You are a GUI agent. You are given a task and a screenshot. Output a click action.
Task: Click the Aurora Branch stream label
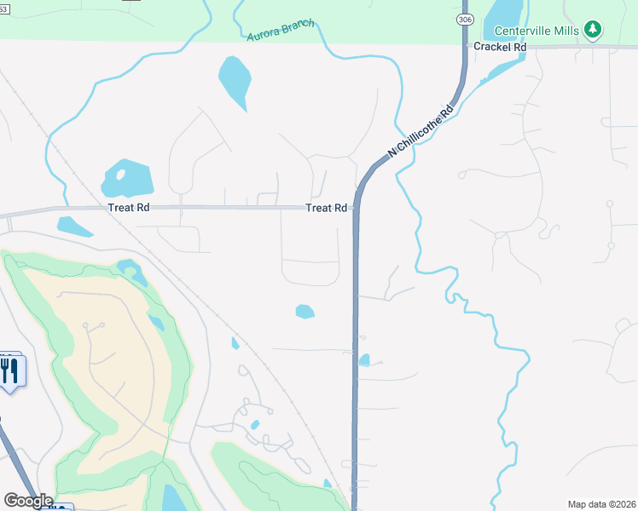click(x=280, y=30)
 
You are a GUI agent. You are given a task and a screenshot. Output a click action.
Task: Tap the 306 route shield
click(x=464, y=18)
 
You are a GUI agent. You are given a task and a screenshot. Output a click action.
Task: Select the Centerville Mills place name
click(x=536, y=31)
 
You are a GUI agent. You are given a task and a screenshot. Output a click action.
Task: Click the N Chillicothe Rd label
click(x=420, y=130)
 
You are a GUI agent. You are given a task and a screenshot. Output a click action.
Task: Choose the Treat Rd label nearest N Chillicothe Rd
click(x=327, y=208)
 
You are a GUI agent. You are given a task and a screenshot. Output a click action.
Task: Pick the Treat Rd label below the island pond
click(x=129, y=208)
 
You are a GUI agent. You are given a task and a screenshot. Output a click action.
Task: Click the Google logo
click(x=28, y=501)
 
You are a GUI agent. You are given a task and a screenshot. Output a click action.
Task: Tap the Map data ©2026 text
click(x=601, y=503)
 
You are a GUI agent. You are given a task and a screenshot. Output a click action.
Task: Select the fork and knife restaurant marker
click(x=10, y=371)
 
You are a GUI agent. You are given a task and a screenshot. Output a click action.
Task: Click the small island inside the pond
click(x=120, y=175)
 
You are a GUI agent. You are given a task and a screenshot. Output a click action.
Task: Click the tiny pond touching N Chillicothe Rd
click(x=364, y=360)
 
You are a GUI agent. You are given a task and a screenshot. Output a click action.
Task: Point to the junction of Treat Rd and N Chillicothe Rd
click(x=355, y=207)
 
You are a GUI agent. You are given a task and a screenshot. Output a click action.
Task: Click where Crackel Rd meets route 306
click(x=464, y=48)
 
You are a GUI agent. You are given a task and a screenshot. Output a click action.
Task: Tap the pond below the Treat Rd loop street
click(x=304, y=312)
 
